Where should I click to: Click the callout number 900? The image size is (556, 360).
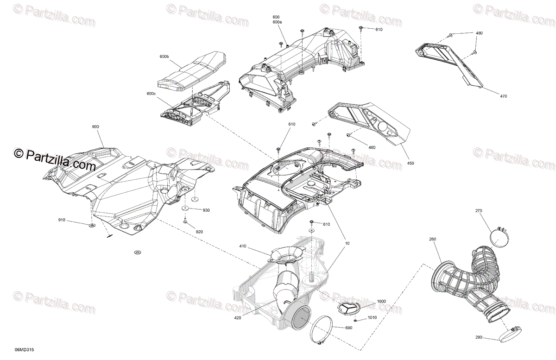point(95,126)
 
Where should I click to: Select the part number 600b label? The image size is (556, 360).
point(164,57)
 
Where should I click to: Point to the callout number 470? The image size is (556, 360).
point(504,96)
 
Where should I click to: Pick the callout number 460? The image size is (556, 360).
point(372,147)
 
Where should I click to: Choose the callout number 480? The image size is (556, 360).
point(479,33)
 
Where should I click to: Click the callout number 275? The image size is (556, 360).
point(479,211)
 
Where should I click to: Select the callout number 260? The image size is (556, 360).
point(432,239)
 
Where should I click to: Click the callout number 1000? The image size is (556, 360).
point(381,301)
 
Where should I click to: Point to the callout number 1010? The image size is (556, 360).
point(372,318)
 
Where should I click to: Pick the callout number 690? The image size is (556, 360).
point(349,328)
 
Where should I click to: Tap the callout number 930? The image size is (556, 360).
point(206,210)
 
